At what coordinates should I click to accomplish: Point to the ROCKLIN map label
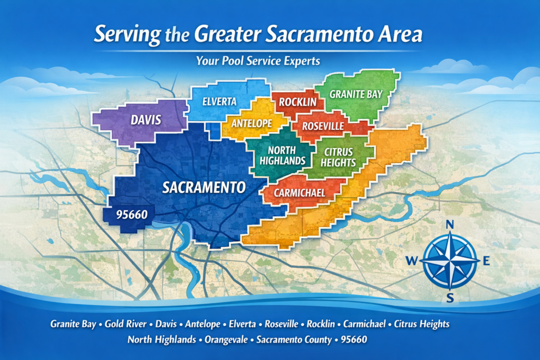click(x=297, y=102)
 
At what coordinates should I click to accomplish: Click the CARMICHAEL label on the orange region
click(x=299, y=193)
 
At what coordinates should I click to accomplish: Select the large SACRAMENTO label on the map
click(x=204, y=187)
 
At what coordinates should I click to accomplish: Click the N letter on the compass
click(x=450, y=225)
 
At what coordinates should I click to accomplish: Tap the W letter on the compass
click(x=412, y=260)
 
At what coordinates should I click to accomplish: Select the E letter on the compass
click(x=486, y=260)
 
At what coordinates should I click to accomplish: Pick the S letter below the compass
click(x=450, y=298)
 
